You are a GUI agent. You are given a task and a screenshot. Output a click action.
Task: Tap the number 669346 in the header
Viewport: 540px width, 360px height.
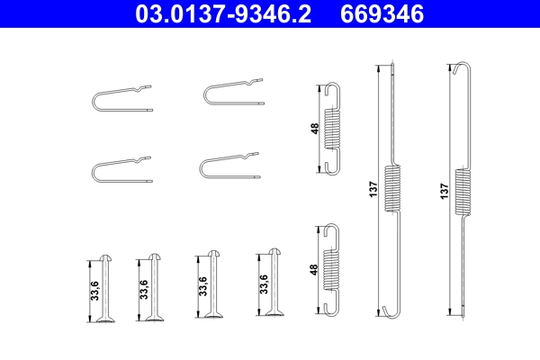[382, 15]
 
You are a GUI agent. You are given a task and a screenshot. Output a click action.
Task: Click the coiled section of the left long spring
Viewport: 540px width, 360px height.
[392, 189]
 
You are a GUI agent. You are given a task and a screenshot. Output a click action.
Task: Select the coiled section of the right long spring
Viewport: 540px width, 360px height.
[462, 190]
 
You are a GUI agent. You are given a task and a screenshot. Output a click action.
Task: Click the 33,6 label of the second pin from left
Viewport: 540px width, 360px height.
[144, 290]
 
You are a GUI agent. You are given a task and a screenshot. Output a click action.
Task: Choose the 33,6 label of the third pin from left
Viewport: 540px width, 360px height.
[202, 285]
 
